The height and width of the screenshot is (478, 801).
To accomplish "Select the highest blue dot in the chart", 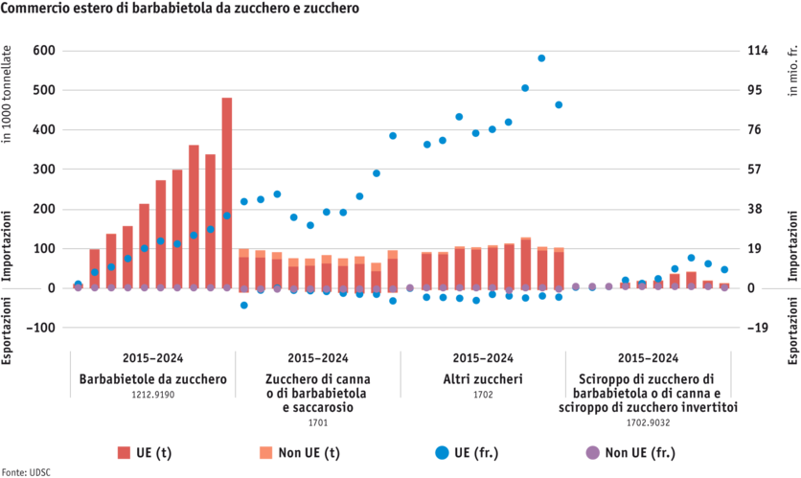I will tap(541, 58).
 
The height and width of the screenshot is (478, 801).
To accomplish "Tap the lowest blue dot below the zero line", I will tap(243, 305).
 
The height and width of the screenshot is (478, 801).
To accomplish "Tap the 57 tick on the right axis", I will tap(755, 169).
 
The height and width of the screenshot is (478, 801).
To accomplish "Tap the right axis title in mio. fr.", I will tap(792, 67).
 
